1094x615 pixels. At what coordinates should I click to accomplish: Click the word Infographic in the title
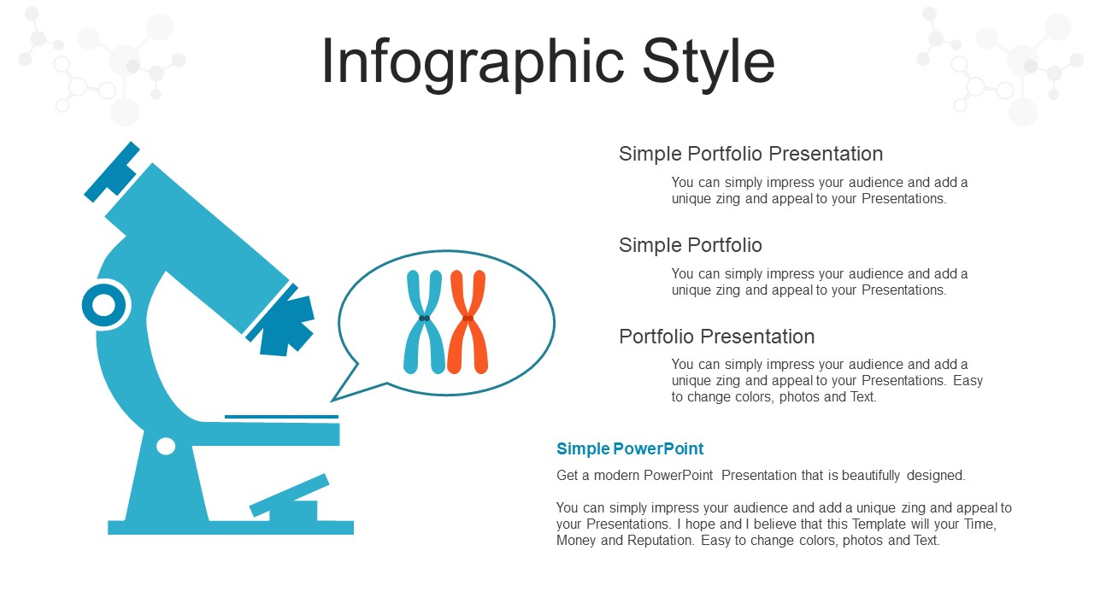473,62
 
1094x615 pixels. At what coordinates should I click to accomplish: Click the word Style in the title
709,62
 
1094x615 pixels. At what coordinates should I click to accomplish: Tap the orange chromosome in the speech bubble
468,322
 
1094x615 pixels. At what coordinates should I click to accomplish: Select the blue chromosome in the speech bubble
425,322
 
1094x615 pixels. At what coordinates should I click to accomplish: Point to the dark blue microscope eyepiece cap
112,172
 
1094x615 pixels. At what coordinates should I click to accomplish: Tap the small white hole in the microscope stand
166,446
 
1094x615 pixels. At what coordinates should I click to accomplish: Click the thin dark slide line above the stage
281,417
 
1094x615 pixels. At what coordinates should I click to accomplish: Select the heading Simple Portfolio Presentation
750,154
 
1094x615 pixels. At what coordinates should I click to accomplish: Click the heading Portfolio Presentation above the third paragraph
716,337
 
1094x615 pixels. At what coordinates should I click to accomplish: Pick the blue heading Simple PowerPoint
630,448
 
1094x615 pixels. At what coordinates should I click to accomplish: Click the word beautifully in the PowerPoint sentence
871,476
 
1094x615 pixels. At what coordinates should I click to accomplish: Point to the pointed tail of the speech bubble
332,401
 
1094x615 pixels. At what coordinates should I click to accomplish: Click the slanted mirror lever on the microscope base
289,495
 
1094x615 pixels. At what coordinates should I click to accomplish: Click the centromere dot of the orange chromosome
468,319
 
